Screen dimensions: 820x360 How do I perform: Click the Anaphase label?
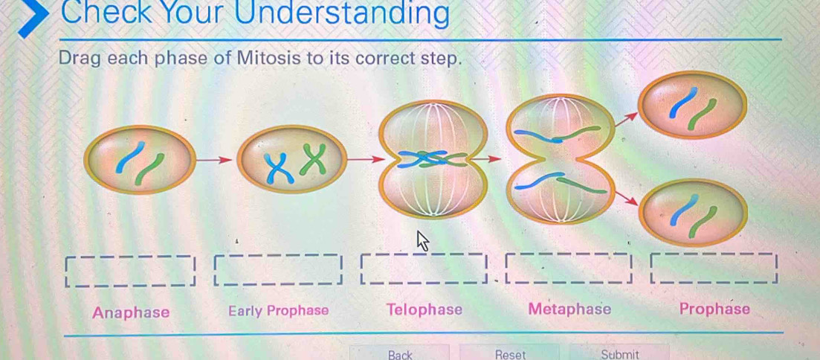pos(132,312)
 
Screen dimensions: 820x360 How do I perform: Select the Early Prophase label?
pos(278,311)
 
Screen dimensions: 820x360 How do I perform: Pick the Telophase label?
pos(424,309)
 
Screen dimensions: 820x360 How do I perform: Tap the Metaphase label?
pos(569,309)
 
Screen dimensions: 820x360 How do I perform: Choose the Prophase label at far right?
pos(714,309)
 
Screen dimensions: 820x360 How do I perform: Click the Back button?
pos(400,353)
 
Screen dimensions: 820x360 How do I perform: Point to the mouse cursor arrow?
pos(422,241)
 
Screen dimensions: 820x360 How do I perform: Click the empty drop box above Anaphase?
pos(129,271)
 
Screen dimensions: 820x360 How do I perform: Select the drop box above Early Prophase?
pos(277,269)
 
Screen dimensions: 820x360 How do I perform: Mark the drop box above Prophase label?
pos(714,268)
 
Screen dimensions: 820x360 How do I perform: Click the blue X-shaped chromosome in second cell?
pos(280,168)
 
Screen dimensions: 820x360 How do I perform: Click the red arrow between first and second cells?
pos(214,160)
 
